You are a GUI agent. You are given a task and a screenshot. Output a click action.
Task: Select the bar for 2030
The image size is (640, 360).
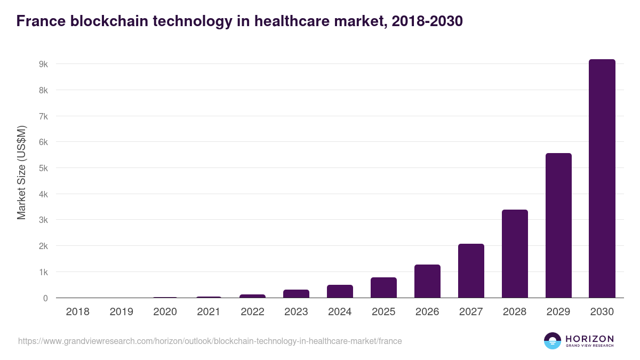602,179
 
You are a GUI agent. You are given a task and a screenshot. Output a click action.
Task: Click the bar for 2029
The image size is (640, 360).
558,226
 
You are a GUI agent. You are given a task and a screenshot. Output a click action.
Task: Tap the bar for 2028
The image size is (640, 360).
515,254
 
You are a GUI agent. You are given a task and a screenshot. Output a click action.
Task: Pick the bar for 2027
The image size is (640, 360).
471,271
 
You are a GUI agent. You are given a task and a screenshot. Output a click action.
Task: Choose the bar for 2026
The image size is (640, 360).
427,281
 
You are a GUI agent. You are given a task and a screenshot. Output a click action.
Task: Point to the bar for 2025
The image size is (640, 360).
383,287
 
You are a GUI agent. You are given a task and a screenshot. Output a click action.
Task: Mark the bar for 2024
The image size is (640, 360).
340,291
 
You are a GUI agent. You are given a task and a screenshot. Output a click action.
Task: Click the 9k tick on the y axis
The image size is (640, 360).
43,64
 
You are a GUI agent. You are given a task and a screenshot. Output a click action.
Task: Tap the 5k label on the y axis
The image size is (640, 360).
43,168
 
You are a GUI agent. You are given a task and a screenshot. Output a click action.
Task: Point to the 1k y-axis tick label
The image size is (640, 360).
43,272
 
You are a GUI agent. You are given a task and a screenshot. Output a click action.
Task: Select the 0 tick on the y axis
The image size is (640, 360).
45,298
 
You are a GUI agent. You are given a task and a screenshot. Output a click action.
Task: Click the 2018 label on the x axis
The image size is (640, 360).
78,312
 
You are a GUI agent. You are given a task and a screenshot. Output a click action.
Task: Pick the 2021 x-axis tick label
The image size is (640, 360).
209,312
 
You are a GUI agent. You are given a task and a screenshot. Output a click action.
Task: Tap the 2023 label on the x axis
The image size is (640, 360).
296,312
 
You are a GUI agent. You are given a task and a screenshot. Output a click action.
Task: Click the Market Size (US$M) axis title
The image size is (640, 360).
21,172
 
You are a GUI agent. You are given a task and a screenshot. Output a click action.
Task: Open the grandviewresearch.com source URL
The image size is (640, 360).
210,341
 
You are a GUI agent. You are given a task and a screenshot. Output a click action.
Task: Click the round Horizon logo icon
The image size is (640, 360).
553,341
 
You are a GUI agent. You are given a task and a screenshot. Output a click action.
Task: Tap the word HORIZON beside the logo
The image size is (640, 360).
589,339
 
